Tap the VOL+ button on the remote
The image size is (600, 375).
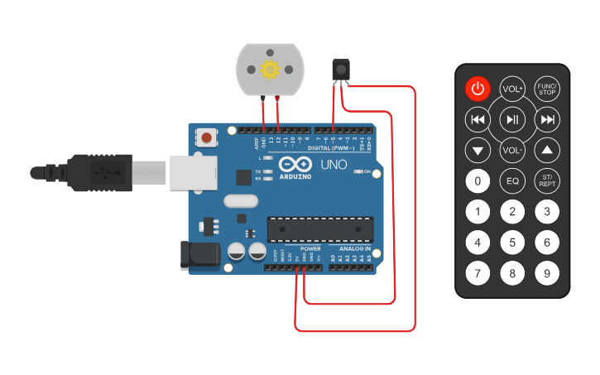coord(512,89)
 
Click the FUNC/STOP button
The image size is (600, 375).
coord(546,89)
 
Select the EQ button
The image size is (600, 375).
coord(512,180)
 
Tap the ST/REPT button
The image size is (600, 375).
coord(546,180)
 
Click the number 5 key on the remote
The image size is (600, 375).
coord(512,243)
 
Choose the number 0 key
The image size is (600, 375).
coord(478,180)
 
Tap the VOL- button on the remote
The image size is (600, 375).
coord(512,151)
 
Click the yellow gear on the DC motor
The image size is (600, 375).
coord(270,70)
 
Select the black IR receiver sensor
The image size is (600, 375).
coord(340,70)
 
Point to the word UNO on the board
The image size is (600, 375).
coord(334,165)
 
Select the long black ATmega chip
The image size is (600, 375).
coord(319,227)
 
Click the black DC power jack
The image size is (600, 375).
coord(199,254)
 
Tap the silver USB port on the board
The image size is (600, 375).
coord(193,172)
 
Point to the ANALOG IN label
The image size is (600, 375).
coord(355,248)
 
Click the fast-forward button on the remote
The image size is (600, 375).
coord(547,120)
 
